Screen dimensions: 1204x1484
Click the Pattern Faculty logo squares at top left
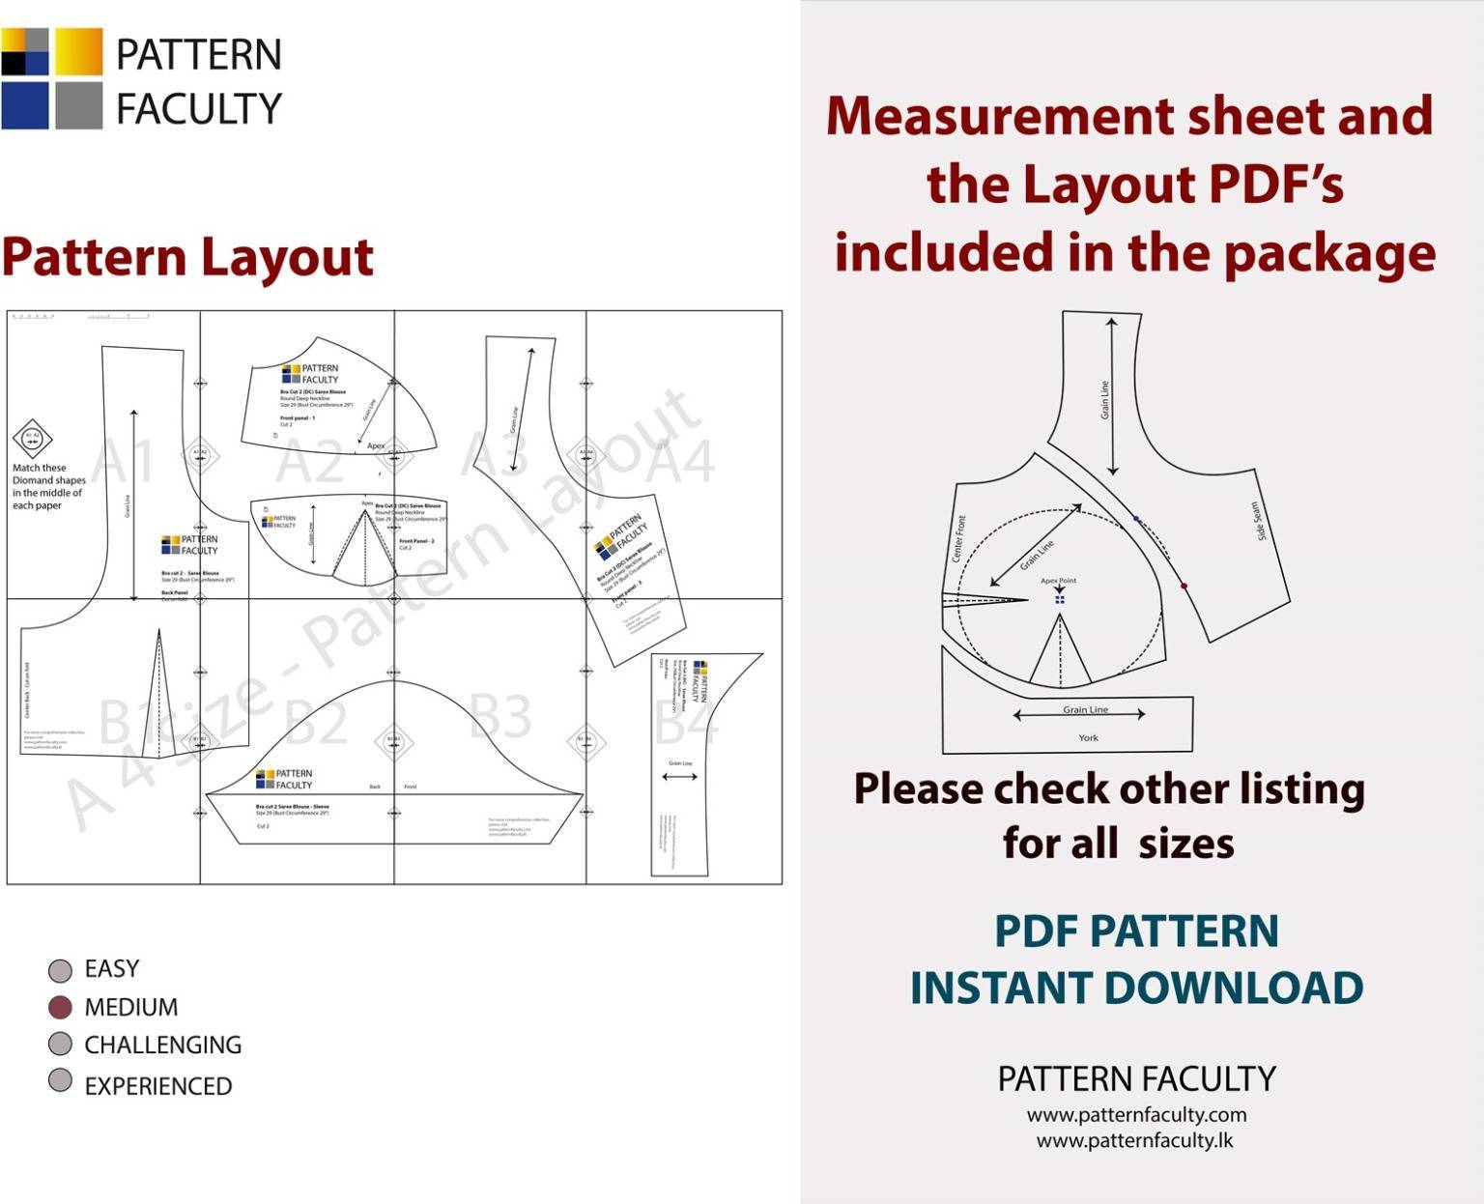pyautogui.click(x=52, y=78)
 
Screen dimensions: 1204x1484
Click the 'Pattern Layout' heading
pyautogui.click(x=187, y=257)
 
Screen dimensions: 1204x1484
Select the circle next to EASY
pyautogui.click(x=60, y=970)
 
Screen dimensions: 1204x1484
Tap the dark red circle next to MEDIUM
pyautogui.click(x=60, y=1008)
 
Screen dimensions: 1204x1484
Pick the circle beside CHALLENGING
pyautogui.click(x=60, y=1045)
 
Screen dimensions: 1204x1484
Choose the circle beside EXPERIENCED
pyautogui.click(x=60, y=1080)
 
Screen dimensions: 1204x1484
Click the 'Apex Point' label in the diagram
pyautogui.click(x=1058, y=581)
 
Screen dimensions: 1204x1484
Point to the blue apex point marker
pyautogui.click(x=1060, y=599)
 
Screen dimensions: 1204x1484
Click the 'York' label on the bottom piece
pyautogui.click(x=1088, y=737)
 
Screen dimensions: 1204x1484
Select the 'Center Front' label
pyautogui.click(x=958, y=538)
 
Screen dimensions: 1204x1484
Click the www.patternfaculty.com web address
pyautogui.click(x=1136, y=1114)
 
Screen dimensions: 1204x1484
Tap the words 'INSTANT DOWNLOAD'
pyautogui.click(x=1136, y=988)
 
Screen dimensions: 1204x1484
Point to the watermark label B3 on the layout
pyautogui.click(x=499, y=717)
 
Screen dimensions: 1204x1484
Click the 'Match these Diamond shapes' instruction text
pyautogui.click(x=47, y=486)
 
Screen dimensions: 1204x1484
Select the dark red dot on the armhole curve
pyautogui.click(x=1184, y=586)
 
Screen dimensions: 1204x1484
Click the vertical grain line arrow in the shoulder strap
pyautogui.click(x=1112, y=396)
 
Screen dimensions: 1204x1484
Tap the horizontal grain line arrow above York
pyautogui.click(x=1079, y=714)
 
